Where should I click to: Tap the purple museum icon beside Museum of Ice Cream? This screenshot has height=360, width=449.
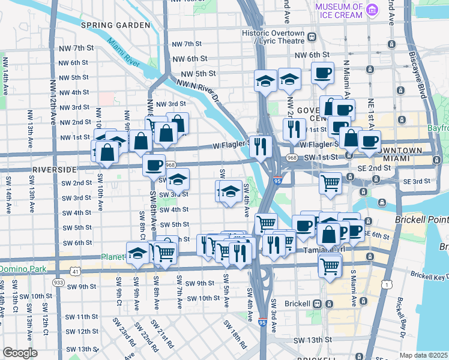click(373, 9)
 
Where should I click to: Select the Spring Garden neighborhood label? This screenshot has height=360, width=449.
click(115, 25)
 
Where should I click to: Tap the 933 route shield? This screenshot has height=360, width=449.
click(58, 282)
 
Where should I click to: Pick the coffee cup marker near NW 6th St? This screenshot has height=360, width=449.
click(322, 73)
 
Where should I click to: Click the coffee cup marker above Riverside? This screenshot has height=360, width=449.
click(154, 164)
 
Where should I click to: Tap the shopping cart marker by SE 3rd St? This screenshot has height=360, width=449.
click(330, 182)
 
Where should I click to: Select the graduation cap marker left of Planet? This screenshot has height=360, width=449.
click(137, 252)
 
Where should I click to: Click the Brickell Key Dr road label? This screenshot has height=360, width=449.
click(430, 276)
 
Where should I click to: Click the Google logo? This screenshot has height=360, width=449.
click(20, 353)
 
